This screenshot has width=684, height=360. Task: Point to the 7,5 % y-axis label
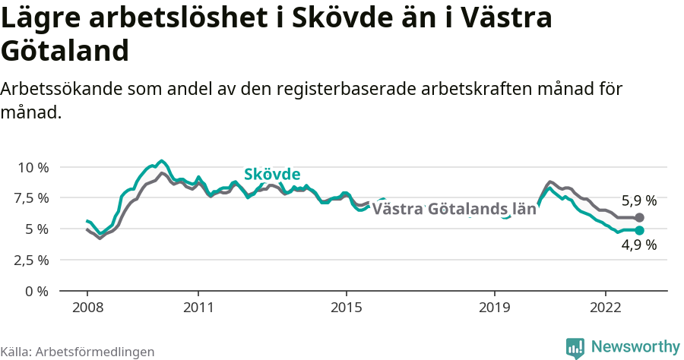[x=31, y=198]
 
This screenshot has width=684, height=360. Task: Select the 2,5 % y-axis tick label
[x=31, y=260]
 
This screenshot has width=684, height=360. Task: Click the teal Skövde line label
[x=272, y=174]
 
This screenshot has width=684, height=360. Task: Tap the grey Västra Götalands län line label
[x=454, y=210]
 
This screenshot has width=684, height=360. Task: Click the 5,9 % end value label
[x=639, y=201]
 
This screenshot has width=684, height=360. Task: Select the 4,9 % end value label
[x=639, y=245]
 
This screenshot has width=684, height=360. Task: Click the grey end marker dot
[x=639, y=218]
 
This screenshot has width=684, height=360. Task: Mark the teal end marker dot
[x=639, y=230]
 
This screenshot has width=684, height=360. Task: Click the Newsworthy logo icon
[x=575, y=348]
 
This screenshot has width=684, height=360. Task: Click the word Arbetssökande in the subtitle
[x=52, y=89]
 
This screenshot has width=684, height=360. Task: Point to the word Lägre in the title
[x=44, y=18]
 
